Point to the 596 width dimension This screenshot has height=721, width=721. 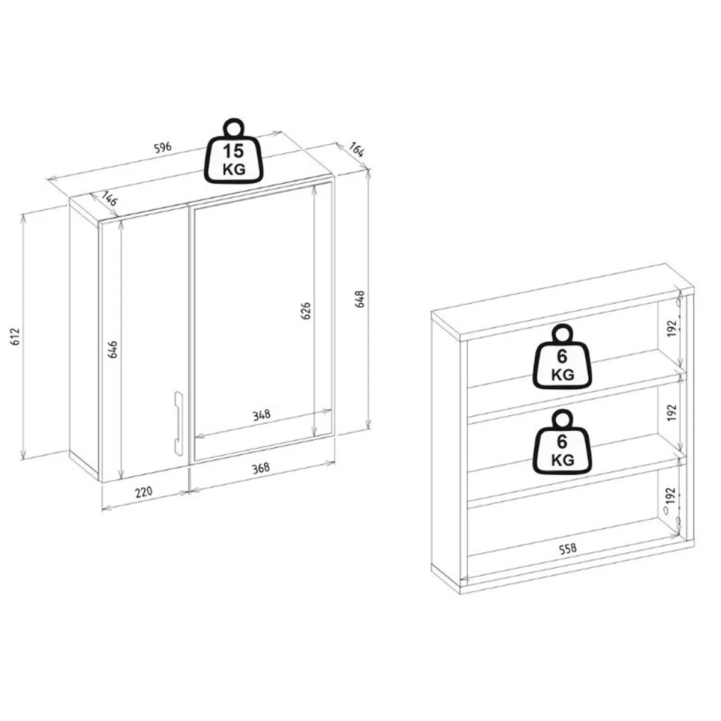click(163, 147)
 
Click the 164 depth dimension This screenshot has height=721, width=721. click(356, 149)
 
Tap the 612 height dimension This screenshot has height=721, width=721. click(15, 336)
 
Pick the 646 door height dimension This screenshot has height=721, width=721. click(112, 349)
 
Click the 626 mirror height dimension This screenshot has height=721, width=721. click(306, 311)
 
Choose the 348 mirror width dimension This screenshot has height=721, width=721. click(261, 415)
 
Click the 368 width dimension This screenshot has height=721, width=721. click(260, 467)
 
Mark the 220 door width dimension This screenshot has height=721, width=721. click(144, 491)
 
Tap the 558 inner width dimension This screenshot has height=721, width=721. click(568, 549)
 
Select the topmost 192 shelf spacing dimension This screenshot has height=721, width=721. click(672, 328)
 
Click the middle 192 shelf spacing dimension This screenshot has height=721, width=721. click(672, 412)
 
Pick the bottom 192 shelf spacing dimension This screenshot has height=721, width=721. click(672, 496)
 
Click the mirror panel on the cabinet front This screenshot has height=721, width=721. click(261, 322)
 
